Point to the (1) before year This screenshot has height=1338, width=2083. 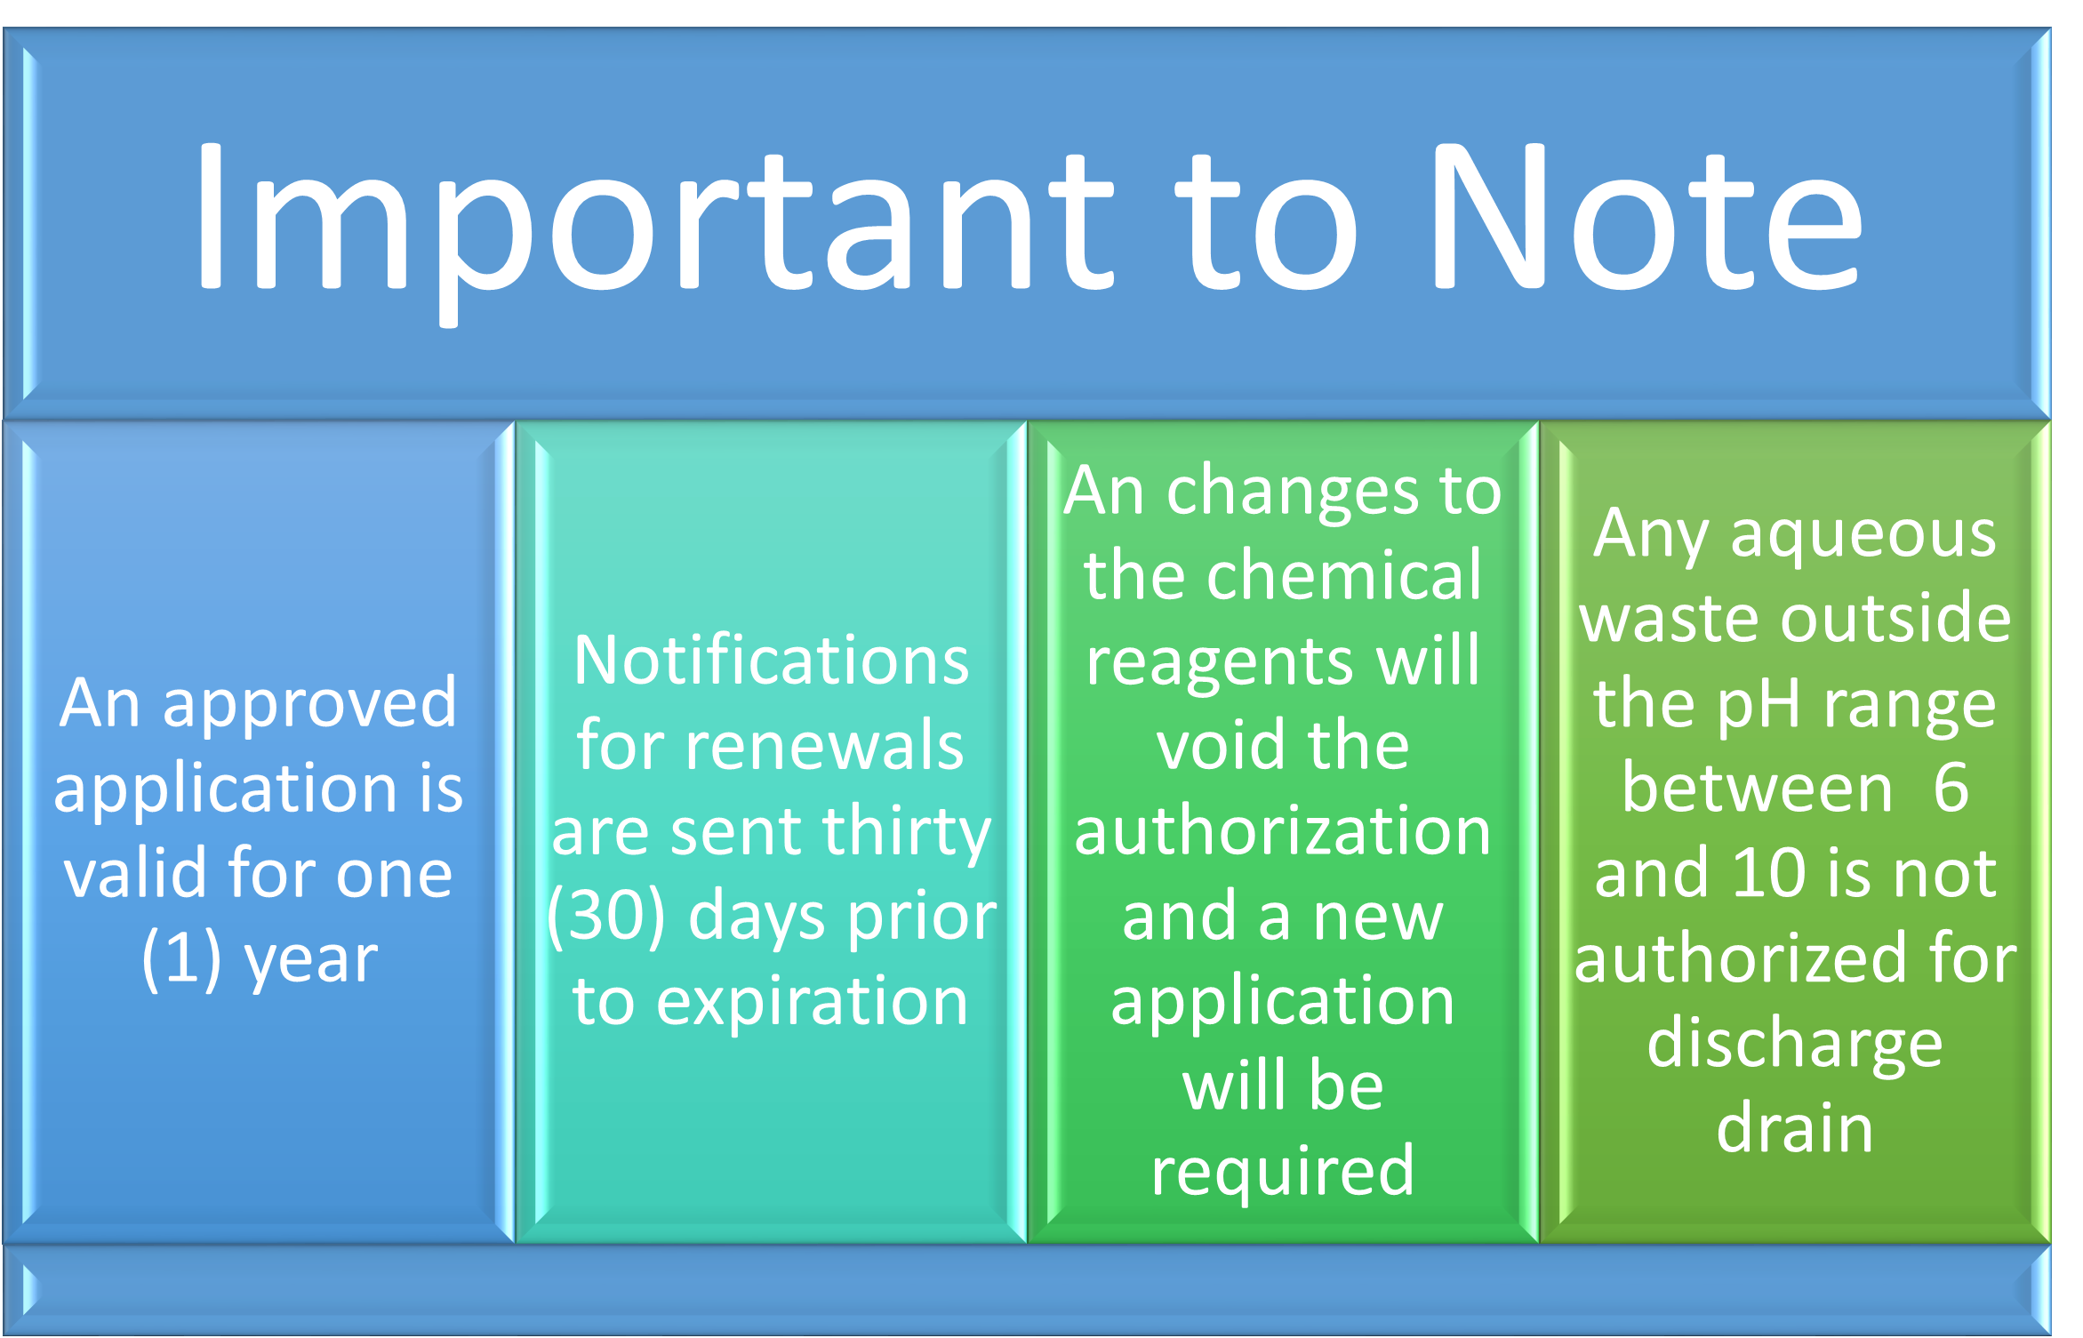[x=181, y=959]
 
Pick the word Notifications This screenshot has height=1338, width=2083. [x=772, y=661]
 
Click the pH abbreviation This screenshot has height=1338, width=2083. [x=1752, y=708]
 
